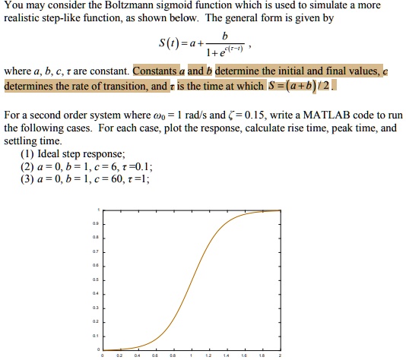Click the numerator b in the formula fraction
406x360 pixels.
[x=224, y=37]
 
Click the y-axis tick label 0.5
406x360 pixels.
[x=94, y=279]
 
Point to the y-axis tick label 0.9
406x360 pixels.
[x=94, y=223]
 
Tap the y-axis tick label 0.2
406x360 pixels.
[x=94, y=321]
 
